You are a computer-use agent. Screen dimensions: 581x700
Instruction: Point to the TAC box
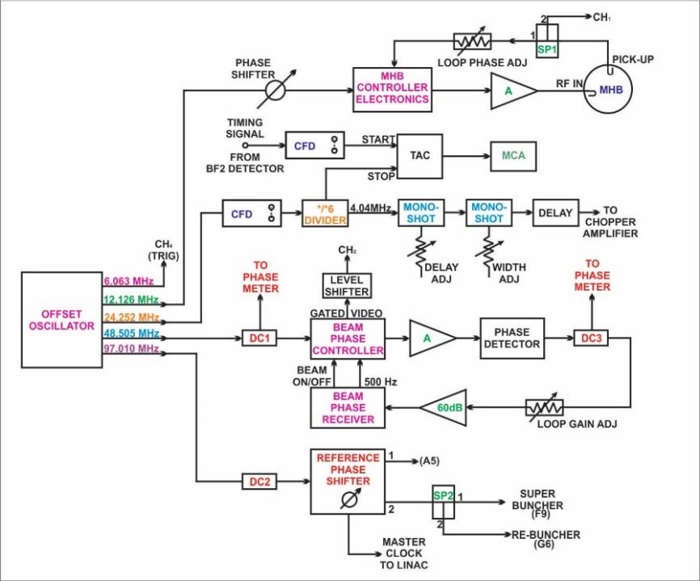(x=419, y=156)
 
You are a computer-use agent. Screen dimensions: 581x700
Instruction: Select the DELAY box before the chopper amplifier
(x=555, y=213)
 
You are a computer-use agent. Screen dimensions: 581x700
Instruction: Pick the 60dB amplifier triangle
(x=443, y=407)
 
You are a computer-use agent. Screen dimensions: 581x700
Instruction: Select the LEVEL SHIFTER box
(x=347, y=285)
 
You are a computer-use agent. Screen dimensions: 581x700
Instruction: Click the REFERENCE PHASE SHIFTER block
(x=348, y=480)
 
